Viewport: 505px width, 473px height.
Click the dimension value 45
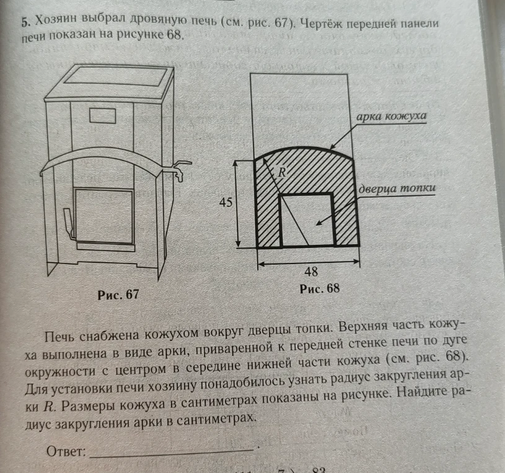click(226, 202)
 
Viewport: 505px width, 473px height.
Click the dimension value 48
click(311, 272)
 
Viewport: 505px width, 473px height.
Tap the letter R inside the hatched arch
click(282, 173)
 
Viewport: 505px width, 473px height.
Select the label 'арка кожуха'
click(391, 116)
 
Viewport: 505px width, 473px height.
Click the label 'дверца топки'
click(397, 188)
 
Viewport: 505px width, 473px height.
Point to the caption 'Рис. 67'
click(118, 294)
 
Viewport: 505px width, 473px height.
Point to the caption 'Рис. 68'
click(320, 288)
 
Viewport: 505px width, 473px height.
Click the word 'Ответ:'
click(66, 451)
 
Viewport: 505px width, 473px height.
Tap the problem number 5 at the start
click(26, 22)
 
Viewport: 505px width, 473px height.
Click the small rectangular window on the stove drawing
click(102, 116)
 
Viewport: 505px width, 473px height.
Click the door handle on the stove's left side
click(69, 223)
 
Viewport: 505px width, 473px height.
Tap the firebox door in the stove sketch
click(104, 216)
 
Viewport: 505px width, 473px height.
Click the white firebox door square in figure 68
click(307, 221)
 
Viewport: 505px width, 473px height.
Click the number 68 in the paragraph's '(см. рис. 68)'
click(455, 356)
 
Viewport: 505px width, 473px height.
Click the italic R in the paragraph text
click(48, 407)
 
